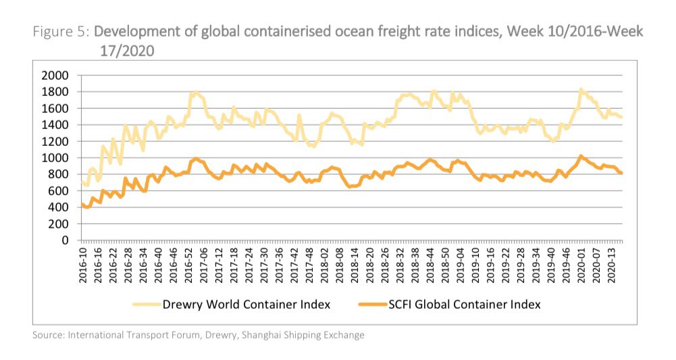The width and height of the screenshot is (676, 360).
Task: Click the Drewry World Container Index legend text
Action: click(x=246, y=305)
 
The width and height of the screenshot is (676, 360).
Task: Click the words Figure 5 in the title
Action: click(x=61, y=32)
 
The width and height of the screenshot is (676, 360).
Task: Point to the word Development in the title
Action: click(x=134, y=32)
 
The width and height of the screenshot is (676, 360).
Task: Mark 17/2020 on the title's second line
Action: click(x=128, y=50)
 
